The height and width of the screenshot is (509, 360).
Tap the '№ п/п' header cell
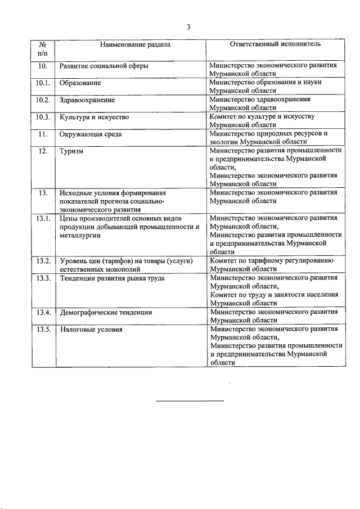[x=43, y=48]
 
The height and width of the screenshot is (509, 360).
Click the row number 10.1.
[x=43, y=83]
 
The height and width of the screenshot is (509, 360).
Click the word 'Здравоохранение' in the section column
[x=87, y=100]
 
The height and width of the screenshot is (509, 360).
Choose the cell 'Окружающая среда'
[x=91, y=134]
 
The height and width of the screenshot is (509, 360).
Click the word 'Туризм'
[x=72, y=152]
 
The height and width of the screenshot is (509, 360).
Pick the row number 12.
[x=43, y=152]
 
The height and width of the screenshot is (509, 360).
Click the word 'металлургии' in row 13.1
[x=80, y=235]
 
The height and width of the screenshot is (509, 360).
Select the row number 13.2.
[x=43, y=261]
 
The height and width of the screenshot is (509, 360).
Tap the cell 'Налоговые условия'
[x=91, y=330]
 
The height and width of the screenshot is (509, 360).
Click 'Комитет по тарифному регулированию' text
[x=272, y=261]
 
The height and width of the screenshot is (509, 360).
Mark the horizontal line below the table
[x=190, y=401]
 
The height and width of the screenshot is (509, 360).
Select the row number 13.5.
[x=43, y=330]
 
